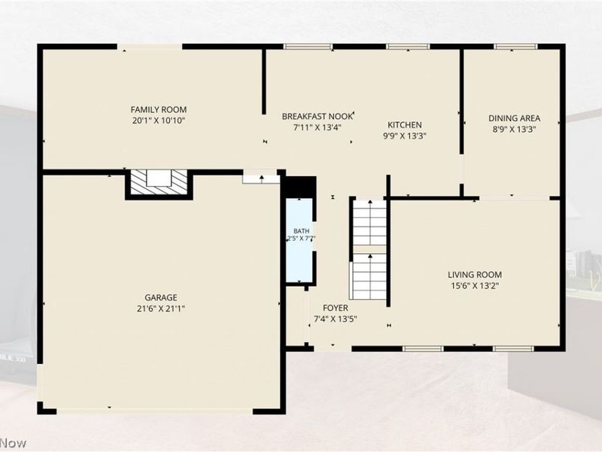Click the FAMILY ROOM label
click(159, 109)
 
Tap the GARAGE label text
click(161, 298)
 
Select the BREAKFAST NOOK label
click(317, 117)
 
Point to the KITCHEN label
click(405, 125)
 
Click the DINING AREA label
click(514, 118)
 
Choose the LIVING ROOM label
click(475, 275)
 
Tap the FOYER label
click(336, 308)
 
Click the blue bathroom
click(299, 240)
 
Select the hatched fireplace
click(159, 182)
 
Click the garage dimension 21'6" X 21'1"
click(161, 308)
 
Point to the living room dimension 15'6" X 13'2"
click(475, 286)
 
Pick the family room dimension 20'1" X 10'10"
click(159, 121)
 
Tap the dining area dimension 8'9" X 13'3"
click(514, 129)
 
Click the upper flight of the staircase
click(369, 222)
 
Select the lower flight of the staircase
click(369, 276)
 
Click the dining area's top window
click(516, 47)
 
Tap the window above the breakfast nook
click(308, 47)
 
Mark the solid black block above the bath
click(299, 187)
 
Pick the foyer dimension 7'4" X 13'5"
click(336, 319)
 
